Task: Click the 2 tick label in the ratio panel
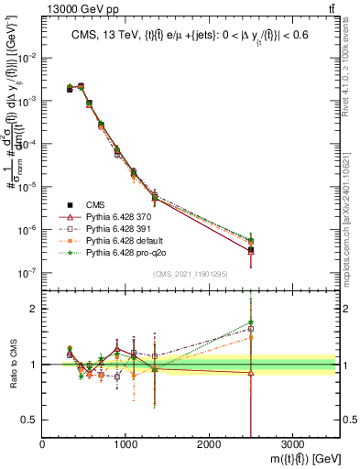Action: tap(34, 309)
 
